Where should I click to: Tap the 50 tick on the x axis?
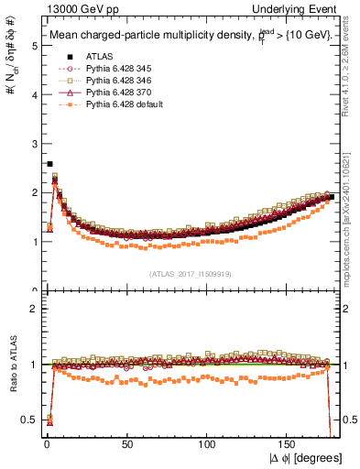pos(126,444)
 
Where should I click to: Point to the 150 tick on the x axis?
pos(289,444)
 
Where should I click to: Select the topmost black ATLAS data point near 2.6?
pos(49,164)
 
